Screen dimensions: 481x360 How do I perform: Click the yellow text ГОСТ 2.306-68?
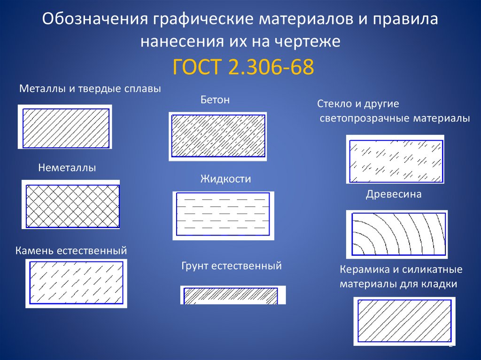(243, 67)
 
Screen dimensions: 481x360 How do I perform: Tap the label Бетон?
(215, 100)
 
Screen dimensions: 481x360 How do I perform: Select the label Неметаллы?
(67, 168)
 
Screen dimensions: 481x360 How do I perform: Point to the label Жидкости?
(225, 179)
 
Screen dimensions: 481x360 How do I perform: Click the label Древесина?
(394, 194)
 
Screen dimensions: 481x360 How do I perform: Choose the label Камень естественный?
(71, 251)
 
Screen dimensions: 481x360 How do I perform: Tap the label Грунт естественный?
(232, 266)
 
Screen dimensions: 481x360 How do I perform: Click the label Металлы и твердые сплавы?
(90, 89)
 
